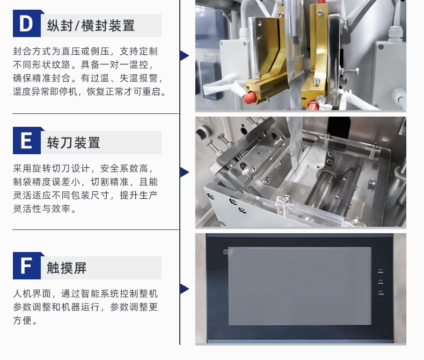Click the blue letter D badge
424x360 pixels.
coord(27,23)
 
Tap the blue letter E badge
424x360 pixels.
coord(27,140)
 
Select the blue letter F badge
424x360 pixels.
coord(27,265)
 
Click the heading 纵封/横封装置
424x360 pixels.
coord(91,26)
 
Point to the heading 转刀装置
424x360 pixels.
coord(74,142)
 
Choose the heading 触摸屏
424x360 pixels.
coord(67,268)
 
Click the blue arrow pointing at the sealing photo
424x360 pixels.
coord(185,55)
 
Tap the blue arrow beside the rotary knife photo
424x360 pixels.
coord(185,172)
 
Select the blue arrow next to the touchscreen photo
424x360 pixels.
coord(185,289)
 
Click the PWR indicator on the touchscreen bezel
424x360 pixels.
coord(381,271)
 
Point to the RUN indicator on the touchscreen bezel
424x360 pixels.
coord(381,282)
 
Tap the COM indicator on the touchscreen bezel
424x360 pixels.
coord(381,293)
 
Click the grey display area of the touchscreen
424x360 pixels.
coord(299,286)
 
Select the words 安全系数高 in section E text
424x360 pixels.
coord(124,168)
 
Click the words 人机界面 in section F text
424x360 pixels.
coord(32,293)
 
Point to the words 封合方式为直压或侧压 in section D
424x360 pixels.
coord(61,51)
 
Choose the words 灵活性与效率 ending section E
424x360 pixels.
coord(42,208)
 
